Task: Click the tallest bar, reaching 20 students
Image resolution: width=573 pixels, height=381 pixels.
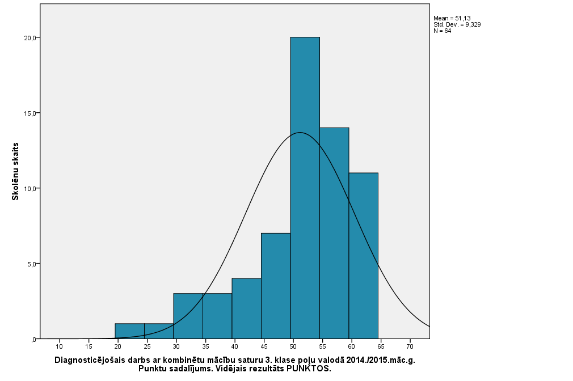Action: pos(305,187)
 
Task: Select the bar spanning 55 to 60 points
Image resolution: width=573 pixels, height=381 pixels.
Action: pos(334,232)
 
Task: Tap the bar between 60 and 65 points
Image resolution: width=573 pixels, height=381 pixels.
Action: pos(363,255)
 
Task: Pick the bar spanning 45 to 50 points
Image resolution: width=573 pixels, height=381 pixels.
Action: pos(276,286)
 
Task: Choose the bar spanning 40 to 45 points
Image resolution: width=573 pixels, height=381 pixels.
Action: pos(246,308)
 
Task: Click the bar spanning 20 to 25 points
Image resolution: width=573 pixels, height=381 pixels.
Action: pos(129,331)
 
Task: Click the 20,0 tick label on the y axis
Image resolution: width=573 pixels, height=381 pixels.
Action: pos(30,38)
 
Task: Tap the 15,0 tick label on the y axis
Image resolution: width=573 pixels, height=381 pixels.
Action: pos(30,113)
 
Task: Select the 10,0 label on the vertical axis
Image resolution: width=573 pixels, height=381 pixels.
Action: pos(30,189)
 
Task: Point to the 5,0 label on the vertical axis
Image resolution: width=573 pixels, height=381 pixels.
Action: pos(31,264)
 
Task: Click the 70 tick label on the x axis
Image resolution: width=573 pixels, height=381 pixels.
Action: pos(410,346)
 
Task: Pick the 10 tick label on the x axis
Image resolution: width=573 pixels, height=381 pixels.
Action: pos(59,346)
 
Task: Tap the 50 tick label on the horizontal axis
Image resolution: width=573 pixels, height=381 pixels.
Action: pos(293,346)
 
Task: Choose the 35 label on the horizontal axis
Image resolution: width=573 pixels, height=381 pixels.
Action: pos(205,346)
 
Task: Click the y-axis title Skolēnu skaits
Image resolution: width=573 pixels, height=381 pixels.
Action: pos(17,171)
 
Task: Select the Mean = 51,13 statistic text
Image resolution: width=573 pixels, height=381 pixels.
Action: pos(452,19)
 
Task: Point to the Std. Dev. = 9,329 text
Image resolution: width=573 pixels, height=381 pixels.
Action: pos(457,25)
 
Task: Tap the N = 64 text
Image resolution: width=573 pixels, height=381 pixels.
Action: pos(442,31)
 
